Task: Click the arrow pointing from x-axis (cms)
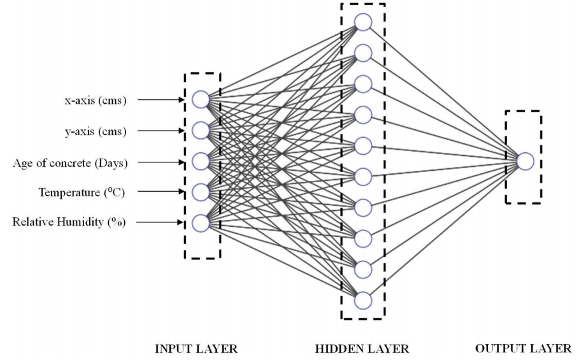[x=161, y=99]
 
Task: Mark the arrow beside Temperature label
[x=161, y=192]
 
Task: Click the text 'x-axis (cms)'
[x=96, y=101]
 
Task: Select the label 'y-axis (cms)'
[x=96, y=131]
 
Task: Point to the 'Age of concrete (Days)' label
[x=70, y=163]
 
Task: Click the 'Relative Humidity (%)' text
[x=69, y=222]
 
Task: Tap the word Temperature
[x=69, y=192]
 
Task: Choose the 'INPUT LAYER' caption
[x=196, y=349]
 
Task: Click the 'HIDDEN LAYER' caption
[x=362, y=349]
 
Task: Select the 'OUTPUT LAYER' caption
[x=523, y=348]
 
